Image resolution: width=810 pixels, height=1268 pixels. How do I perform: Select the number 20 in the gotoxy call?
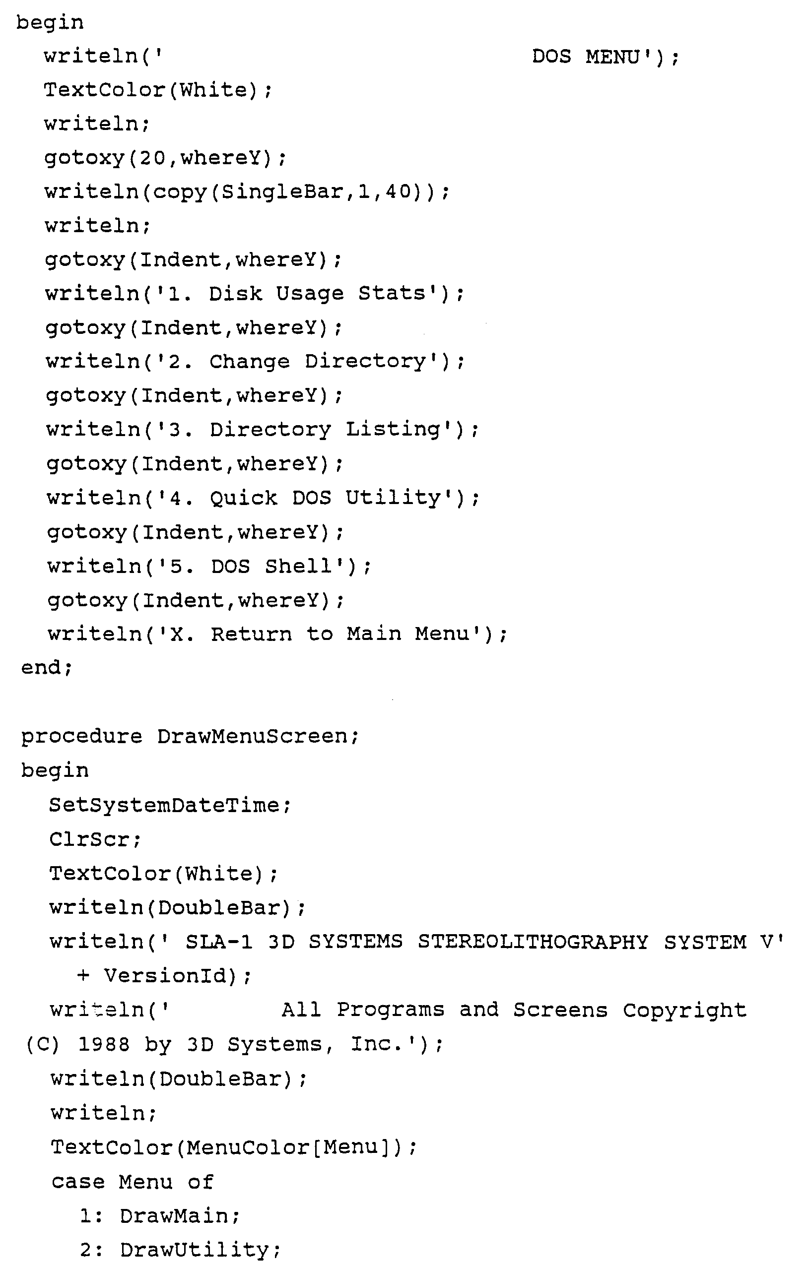pyautogui.click(x=153, y=158)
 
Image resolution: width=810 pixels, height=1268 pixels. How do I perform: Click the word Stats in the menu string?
pyautogui.click(x=391, y=293)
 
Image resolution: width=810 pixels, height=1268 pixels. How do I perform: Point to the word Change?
pyautogui.click(x=250, y=362)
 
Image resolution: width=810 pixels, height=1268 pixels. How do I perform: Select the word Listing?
pyautogui.click(x=393, y=430)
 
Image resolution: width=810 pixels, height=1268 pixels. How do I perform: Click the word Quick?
pyautogui.click(x=243, y=498)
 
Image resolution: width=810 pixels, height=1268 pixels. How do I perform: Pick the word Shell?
pyautogui.click(x=298, y=566)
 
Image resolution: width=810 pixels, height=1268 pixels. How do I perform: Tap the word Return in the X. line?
pyautogui.click(x=251, y=634)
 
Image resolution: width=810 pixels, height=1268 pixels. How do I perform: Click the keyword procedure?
pyautogui.click(x=81, y=736)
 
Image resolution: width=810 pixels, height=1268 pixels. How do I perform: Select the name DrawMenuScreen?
pyautogui.click(x=252, y=736)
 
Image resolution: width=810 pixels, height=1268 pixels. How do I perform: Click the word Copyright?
pyautogui.click(x=684, y=1010)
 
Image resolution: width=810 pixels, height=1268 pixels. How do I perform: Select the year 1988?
pyautogui.click(x=104, y=1044)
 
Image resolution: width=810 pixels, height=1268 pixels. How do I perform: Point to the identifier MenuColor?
pyautogui.click(x=248, y=1147)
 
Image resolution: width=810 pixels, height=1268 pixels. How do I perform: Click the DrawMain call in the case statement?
pyautogui.click(x=174, y=1216)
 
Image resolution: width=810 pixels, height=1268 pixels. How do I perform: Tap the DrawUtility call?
pyautogui.click(x=195, y=1251)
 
